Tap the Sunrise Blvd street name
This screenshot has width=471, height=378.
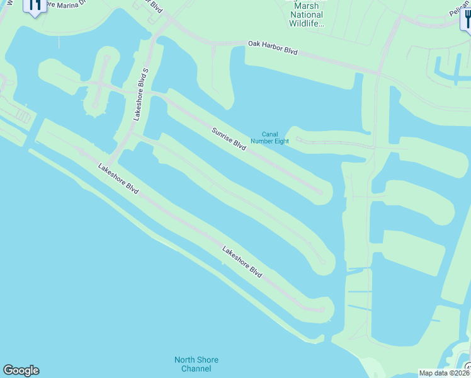point(229,137)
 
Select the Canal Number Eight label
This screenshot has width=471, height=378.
point(275,137)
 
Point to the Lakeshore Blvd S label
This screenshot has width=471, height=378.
point(140,94)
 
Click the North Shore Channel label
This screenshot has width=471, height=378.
point(196,364)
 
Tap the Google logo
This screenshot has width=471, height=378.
point(21,370)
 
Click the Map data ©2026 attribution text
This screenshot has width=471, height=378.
point(444,373)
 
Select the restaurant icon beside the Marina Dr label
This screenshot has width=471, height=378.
point(35,5)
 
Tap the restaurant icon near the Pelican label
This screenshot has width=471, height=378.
point(466,19)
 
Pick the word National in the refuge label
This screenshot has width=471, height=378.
point(307,14)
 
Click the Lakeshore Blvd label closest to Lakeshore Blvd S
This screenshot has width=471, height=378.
point(118,178)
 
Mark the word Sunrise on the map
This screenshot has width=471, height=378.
point(223,133)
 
